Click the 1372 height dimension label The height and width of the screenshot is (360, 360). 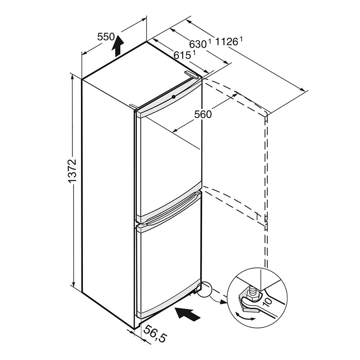[x=72, y=171]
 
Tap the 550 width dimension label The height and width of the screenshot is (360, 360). [x=106, y=36]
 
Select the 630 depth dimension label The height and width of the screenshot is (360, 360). [x=198, y=44]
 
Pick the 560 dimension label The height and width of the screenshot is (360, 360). [x=203, y=114]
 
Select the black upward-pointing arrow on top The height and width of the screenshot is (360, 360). [x=117, y=46]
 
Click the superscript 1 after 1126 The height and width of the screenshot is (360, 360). [x=241, y=39]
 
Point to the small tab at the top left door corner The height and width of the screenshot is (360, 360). [x=133, y=106]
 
